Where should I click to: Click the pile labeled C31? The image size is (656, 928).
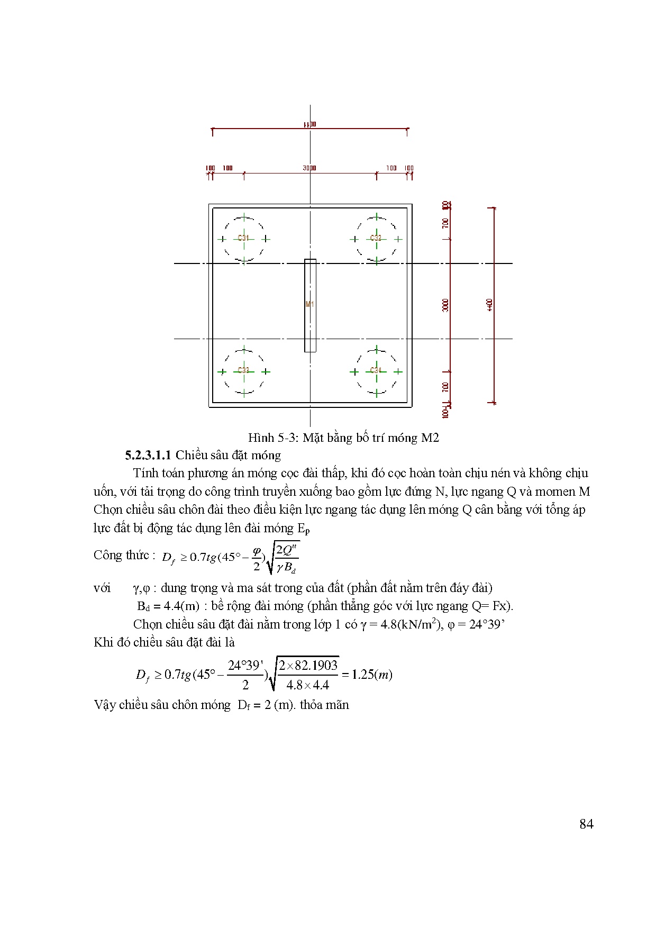click(x=243, y=239)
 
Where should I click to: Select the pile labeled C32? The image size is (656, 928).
click(x=376, y=239)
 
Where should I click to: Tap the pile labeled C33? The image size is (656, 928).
click(x=243, y=371)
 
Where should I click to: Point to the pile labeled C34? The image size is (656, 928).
click(x=376, y=371)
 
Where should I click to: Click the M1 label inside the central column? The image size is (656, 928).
click(x=310, y=304)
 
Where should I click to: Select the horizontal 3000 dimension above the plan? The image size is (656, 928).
click(x=309, y=168)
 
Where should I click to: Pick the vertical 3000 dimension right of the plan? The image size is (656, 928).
click(x=446, y=305)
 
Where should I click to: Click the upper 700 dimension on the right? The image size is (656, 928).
click(x=446, y=223)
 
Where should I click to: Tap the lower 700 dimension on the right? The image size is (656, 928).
click(x=446, y=387)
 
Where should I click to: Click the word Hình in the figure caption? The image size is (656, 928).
click(x=261, y=438)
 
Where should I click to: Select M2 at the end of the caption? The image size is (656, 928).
click(x=430, y=438)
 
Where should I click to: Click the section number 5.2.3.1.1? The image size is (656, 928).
click(x=149, y=455)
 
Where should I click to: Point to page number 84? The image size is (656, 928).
click(x=586, y=824)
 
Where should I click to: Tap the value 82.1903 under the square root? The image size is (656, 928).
click(x=316, y=666)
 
